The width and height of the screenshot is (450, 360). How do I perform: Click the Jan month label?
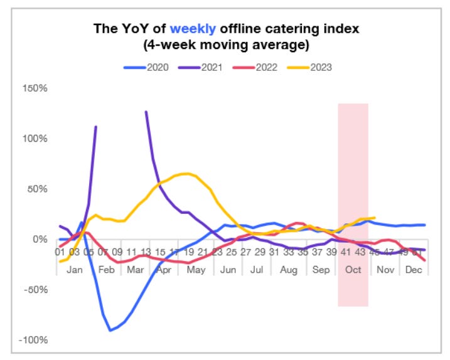(x=74, y=268)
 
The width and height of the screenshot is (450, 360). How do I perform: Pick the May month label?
(x=196, y=268)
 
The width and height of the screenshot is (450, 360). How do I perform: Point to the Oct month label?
(x=353, y=268)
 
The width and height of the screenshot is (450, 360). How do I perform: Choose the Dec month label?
(x=414, y=268)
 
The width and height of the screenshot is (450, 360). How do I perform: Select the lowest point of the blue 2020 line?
(x=110, y=330)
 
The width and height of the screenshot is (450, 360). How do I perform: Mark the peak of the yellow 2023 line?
(x=186, y=174)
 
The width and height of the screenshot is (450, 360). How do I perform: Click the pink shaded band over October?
(x=353, y=188)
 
